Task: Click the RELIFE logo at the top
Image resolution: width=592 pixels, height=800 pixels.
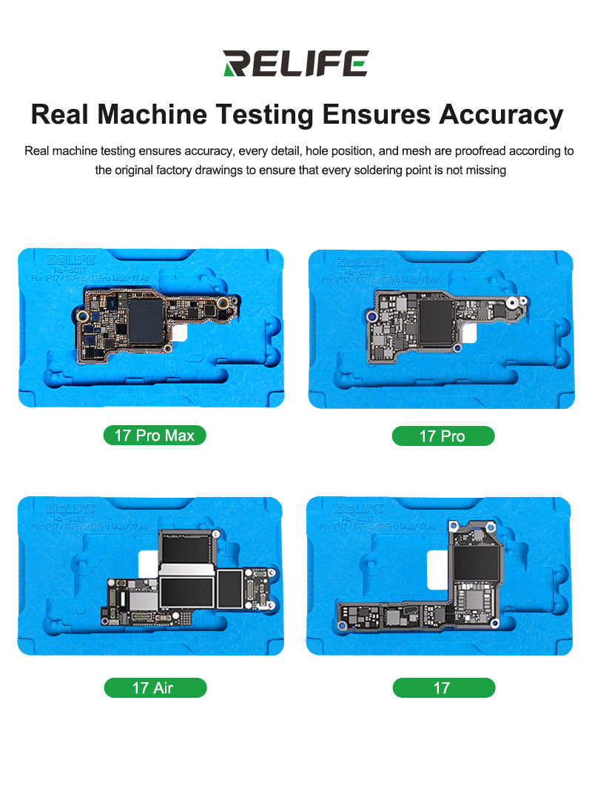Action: point(295,64)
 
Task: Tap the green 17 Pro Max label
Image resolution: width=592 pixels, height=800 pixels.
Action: point(154,436)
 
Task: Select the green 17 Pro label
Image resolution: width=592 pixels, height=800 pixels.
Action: point(443,436)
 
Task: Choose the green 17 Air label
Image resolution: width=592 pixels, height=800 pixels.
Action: point(155,688)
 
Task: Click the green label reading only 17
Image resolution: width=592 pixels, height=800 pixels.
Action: point(443,688)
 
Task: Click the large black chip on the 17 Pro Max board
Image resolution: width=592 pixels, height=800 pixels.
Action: point(146,320)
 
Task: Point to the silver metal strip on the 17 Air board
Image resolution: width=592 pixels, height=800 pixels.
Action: point(186,570)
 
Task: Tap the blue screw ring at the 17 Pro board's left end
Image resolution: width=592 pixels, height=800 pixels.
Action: point(374,316)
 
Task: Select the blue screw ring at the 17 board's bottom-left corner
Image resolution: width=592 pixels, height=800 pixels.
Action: point(343,626)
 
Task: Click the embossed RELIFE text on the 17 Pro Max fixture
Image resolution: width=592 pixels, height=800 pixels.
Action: point(71,261)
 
